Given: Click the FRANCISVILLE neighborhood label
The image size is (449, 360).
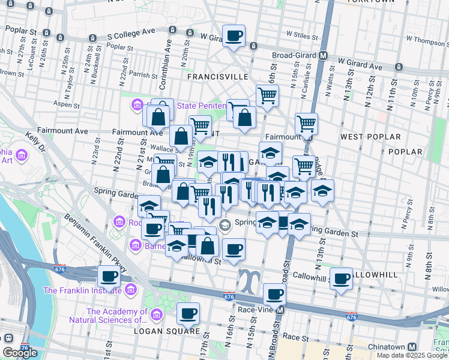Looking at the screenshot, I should [217, 77].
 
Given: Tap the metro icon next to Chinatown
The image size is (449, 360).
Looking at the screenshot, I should [412, 347].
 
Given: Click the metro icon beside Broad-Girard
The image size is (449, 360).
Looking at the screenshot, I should [324, 56].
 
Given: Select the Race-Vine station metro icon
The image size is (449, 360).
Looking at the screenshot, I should [280, 310].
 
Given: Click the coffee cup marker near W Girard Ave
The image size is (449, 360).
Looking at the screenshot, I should [234, 35].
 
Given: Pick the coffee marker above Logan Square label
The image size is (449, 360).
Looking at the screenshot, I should [188, 313].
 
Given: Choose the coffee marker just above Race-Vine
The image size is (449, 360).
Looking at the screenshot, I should [274, 294].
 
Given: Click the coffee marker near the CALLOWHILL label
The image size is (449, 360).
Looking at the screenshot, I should [341, 278].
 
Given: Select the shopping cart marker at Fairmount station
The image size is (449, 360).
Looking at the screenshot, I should [306, 124].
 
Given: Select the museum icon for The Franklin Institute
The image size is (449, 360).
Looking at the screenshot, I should [133, 291].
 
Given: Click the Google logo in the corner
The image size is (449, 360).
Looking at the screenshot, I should [20, 353].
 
